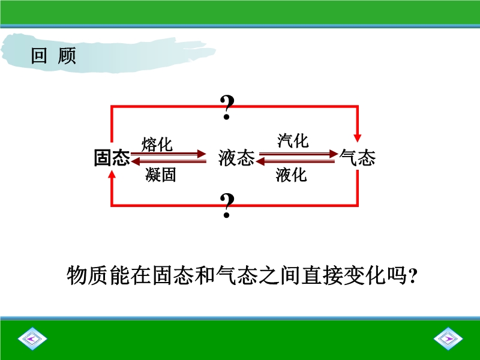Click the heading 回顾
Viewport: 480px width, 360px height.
pos(53,56)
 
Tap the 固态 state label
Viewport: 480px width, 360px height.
pos(112,158)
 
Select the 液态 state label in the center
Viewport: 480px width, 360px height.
pos(236,158)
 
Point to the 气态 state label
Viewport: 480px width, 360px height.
pos(357,158)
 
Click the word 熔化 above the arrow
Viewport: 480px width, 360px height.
pos(157,144)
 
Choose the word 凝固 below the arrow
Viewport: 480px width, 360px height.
pos(161,175)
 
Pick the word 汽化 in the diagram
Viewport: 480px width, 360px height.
pos(293,141)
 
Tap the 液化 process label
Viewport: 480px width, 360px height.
pos(291,175)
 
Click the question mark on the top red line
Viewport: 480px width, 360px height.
pos(227,107)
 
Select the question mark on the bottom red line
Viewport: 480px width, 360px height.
pos(227,205)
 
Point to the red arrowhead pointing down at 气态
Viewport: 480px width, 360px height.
pos(357,138)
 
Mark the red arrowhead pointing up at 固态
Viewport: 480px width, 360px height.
pos(112,175)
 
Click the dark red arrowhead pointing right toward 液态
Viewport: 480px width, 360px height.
pos(202,154)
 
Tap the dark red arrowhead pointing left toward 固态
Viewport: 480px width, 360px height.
pos(136,161)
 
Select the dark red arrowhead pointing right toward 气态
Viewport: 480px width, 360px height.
pos(334,154)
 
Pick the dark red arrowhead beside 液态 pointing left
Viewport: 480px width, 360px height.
pos(260,161)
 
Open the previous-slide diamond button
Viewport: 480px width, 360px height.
pos(32,338)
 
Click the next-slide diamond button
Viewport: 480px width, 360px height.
pos(448,338)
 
